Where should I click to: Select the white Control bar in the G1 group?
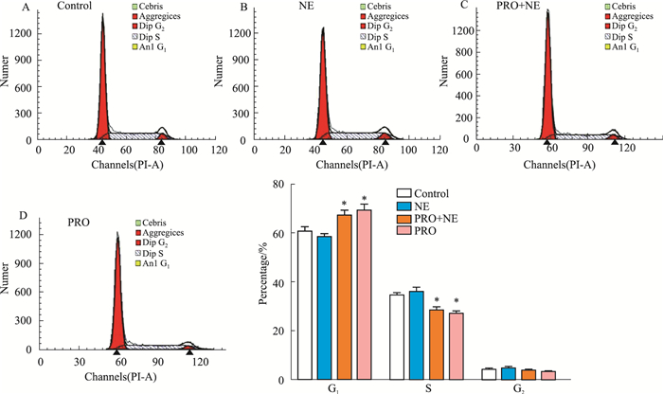pyautogui.click(x=304, y=304)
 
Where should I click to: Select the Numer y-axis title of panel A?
pyautogui.click(x=7, y=76)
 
